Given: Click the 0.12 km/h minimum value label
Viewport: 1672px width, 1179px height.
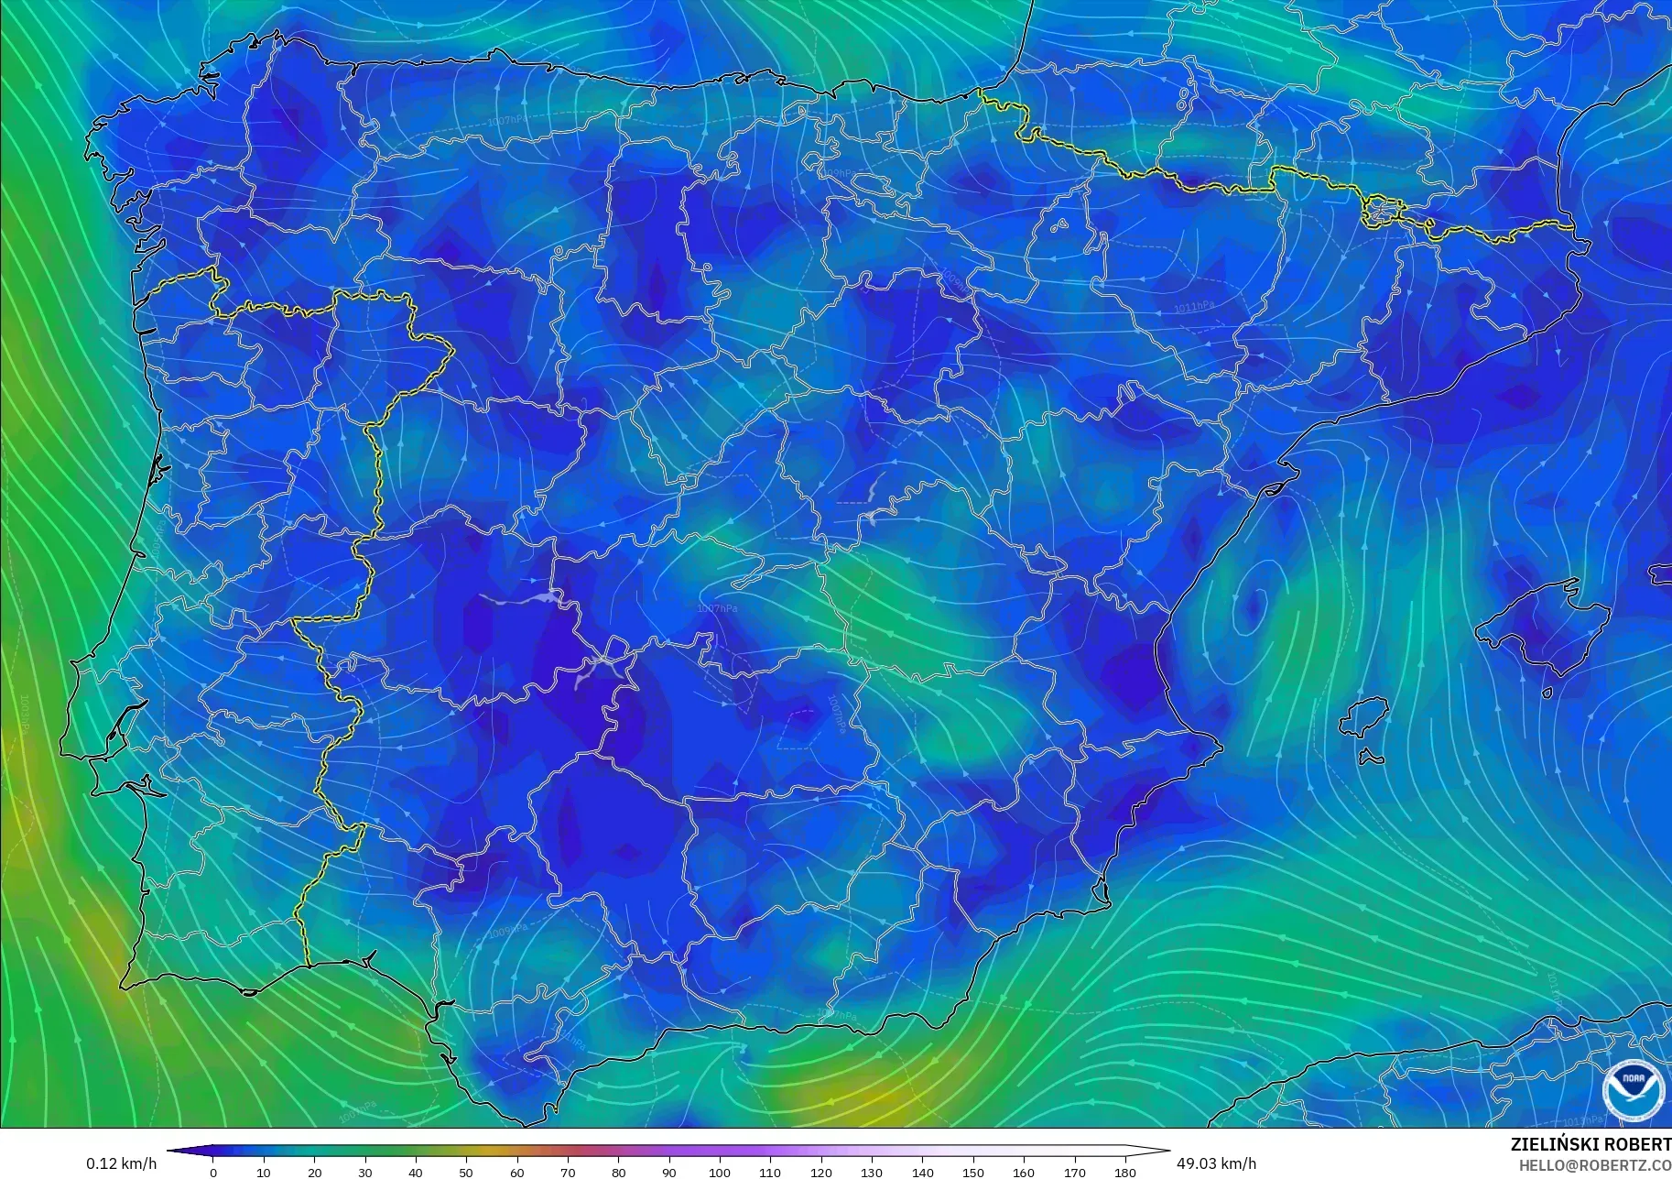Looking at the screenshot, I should coord(122,1163).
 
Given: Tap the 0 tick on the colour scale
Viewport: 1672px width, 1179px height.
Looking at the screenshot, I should coord(213,1172).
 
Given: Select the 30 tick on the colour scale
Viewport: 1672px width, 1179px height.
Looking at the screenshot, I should coord(365,1172).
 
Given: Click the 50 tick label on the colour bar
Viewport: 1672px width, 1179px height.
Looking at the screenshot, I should coord(466,1172).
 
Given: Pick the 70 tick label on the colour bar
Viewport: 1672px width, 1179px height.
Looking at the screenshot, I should coord(568,1172).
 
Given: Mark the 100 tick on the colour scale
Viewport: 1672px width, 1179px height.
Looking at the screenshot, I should coord(720,1172).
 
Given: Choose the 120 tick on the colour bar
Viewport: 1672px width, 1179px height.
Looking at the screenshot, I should coord(820,1172).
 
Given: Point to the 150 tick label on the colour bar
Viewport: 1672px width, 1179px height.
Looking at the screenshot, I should coord(972,1172).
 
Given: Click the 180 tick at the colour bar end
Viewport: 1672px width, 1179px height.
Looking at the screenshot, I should coord(1124,1172).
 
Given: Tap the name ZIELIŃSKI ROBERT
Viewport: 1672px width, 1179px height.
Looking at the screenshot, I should coord(1591,1144).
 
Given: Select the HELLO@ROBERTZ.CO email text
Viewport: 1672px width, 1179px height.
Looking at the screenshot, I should coord(1595,1165).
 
